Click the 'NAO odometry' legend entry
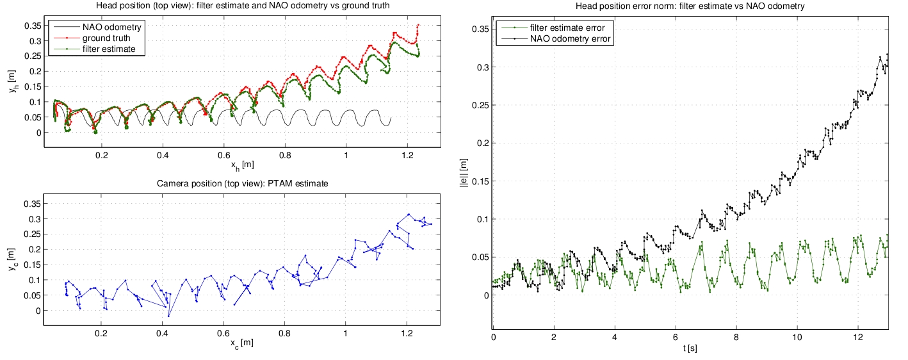pos(111,28)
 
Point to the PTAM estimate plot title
pos(243,184)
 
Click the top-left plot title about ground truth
pos(243,6)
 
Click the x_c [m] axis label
pos(243,343)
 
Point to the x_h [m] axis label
pos(243,165)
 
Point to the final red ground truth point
pos(418,25)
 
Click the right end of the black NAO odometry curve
pos(391,118)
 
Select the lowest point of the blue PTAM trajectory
pos(168,316)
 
